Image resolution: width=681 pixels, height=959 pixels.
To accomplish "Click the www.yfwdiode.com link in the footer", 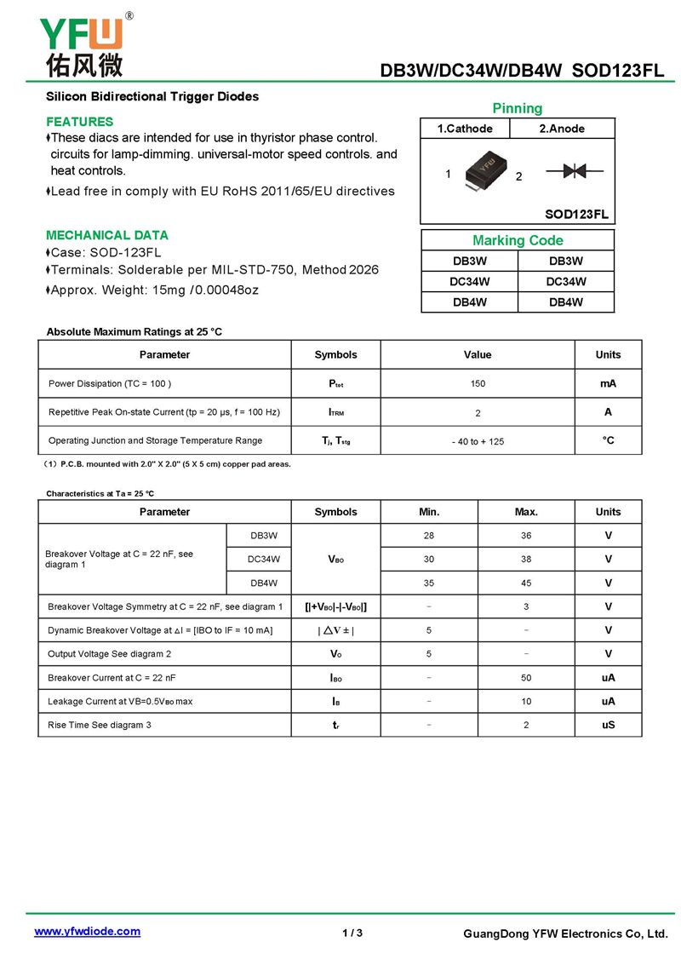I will pos(87,931).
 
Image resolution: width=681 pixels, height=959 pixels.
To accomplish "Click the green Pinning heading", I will pos(517,108).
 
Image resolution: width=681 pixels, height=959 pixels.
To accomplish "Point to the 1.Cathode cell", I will pos(465,129).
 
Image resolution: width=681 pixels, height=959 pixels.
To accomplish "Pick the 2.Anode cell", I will pos(562,129).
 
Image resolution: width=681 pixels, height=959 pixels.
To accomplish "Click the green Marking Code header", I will pos(518,240).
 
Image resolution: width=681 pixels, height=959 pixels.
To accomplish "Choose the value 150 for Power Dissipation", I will pos(478,383).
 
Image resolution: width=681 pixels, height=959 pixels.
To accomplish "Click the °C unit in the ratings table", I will pos(608,440).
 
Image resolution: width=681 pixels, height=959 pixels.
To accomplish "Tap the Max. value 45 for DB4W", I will pos(526,583).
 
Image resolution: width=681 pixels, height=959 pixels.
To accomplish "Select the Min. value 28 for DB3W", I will pos(429,536).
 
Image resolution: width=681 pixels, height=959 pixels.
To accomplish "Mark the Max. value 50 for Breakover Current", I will pos(526,678).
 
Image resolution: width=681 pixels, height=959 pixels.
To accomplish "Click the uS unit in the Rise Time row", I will pos(608,725).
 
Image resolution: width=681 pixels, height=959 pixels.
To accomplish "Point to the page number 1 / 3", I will pos(352,933).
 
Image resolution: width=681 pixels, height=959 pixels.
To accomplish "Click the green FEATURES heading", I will pos(79,122).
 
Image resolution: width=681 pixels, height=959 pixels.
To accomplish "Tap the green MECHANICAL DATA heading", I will pos(107,235).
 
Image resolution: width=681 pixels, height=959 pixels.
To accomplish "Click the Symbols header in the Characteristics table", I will pos(335,512).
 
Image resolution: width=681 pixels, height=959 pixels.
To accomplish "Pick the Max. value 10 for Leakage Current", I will pos(526,702).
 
